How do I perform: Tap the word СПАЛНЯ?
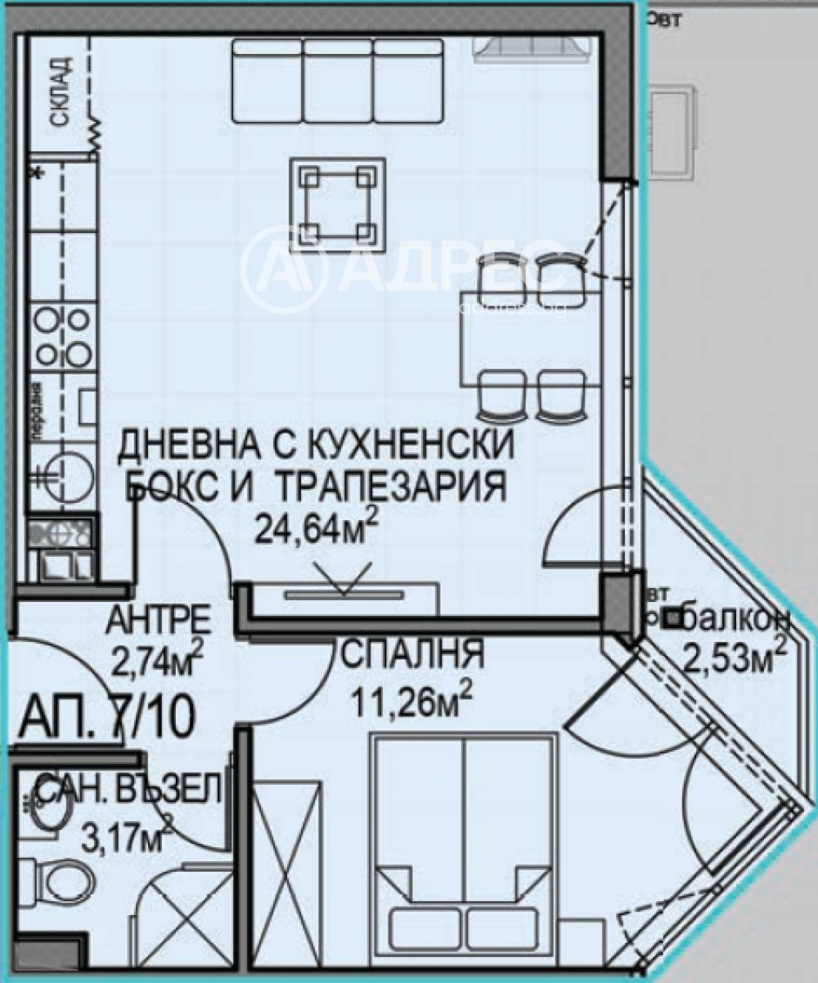pos(413,654)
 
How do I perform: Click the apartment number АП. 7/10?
pos(106,718)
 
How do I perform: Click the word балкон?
pos(736,620)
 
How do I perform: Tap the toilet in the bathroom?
pos(65,882)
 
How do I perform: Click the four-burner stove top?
pos(62,335)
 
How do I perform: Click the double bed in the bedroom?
pos(463,842)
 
